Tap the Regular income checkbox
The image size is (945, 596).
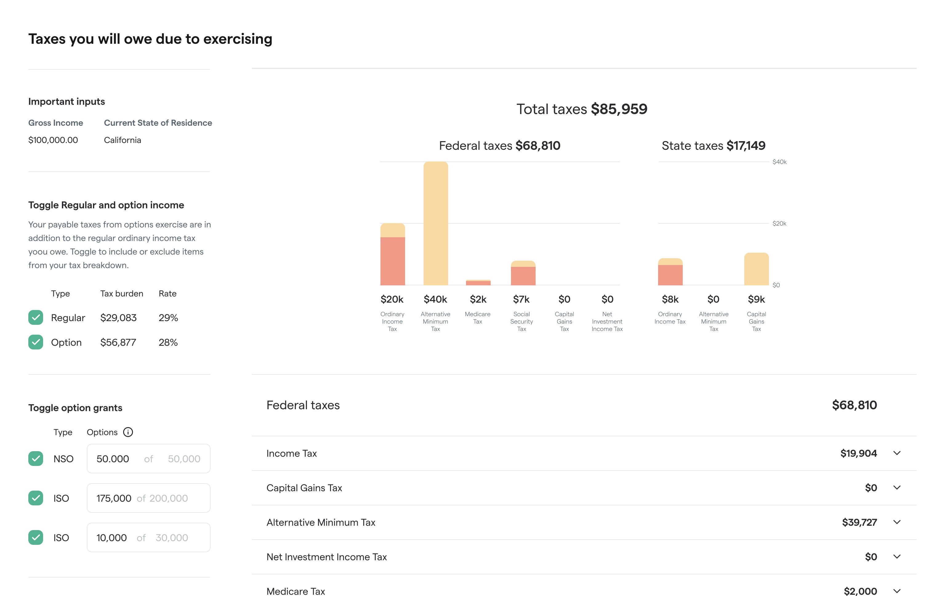tap(36, 317)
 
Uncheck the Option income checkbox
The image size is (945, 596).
tap(36, 342)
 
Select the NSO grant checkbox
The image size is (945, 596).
tap(36, 459)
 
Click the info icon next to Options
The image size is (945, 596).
tap(128, 432)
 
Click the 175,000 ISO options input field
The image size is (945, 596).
tap(148, 498)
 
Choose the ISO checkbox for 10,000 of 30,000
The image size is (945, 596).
tap(36, 537)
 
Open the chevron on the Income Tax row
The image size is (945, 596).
tap(897, 453)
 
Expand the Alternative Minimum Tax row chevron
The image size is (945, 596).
tap(897, 522)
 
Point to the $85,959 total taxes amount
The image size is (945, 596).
tap(619, 109)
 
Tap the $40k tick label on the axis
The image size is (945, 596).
tap(779, 162)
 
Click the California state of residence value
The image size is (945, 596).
tap(123, 140)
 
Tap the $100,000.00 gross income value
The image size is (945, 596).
tap(53, 140)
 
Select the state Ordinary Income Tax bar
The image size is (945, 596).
tap(670, 272)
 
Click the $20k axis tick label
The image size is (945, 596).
tap(779, 223)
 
